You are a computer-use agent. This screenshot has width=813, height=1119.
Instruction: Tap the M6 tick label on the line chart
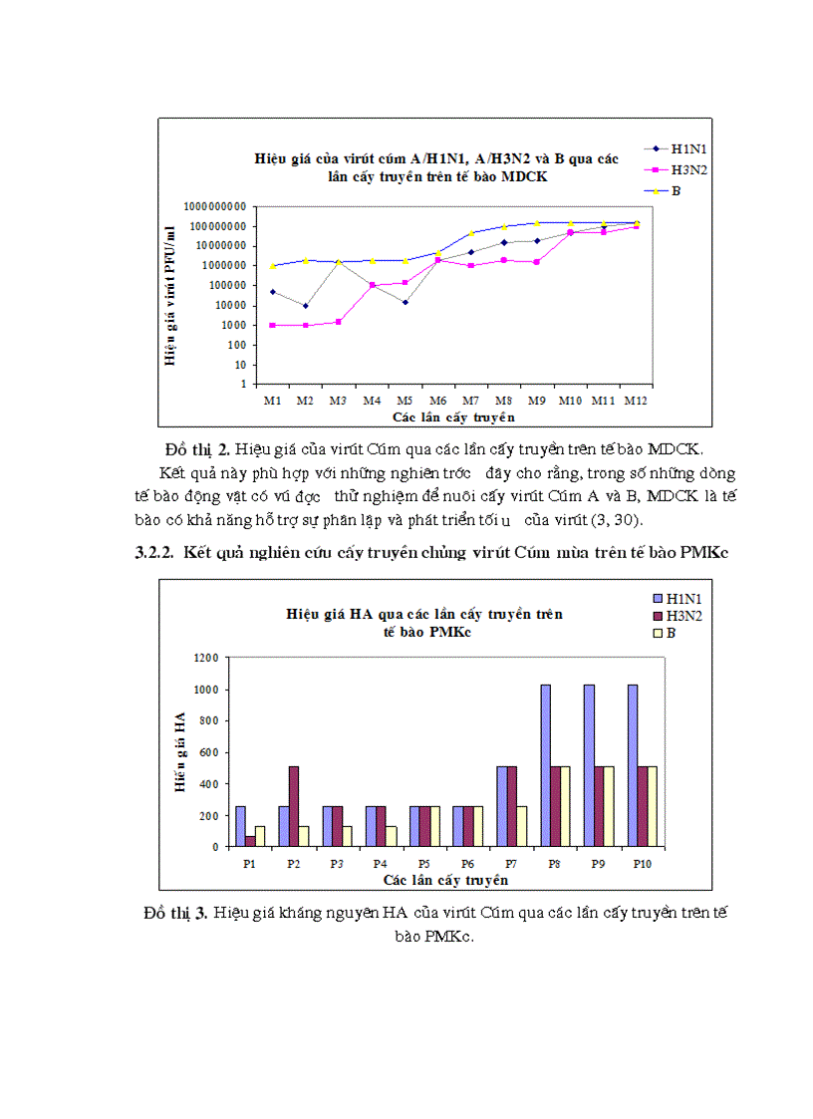point(435,401)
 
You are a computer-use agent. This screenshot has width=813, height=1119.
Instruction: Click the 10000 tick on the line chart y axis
point(227,305)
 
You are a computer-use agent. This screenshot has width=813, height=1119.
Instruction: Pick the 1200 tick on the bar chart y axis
point(206,659)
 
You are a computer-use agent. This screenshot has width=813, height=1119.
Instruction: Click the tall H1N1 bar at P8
point(546,765)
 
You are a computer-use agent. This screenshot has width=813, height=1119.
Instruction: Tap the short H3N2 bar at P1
point(250,841)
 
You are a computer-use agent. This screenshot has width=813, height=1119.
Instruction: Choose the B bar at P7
point(521,826)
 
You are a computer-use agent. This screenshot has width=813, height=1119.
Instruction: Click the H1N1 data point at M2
point(306,305)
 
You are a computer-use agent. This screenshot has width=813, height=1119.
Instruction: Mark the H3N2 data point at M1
point(272,325)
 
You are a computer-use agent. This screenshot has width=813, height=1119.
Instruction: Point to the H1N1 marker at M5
point(405,302)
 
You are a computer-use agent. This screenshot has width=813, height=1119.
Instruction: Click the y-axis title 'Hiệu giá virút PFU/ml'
point(170,296)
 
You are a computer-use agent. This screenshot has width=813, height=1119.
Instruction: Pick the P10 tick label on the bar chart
point(641,864)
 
